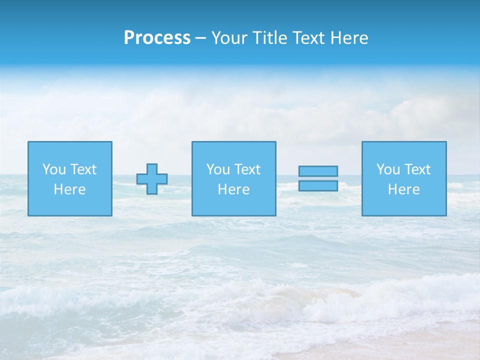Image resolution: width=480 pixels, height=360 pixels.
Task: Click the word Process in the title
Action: point(157,38)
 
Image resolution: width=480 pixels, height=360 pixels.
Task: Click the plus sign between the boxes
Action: point(152,179)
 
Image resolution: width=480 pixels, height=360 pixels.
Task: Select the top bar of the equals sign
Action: point(318,171)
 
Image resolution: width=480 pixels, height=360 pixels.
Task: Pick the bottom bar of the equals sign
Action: point(318,185)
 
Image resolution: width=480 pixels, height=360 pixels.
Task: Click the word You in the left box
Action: point(54,169)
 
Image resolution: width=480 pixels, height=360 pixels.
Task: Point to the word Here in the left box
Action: point(69,189)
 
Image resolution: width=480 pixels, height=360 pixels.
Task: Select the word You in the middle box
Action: point(218,169)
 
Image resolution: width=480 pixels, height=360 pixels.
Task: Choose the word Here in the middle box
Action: point(233,189)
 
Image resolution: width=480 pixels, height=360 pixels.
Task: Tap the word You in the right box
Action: point(388,169)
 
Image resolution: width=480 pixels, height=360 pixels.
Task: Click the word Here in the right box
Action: point(403,189)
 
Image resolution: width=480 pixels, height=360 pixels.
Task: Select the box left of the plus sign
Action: point(70,205)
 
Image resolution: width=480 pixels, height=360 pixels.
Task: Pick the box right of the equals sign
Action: point(404,205)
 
